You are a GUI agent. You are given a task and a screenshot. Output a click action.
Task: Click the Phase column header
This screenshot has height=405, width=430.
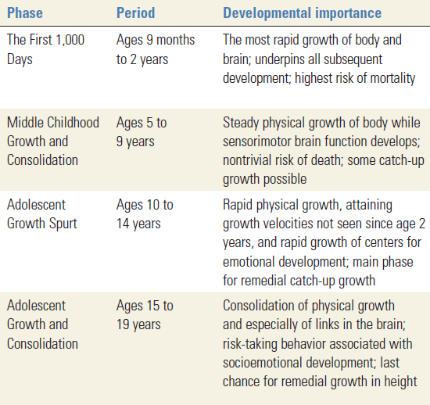coord(25,13)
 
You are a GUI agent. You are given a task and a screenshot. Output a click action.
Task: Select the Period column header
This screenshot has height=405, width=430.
coord(136,13)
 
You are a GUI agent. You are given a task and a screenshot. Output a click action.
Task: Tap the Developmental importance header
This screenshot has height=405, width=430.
coord(303,13)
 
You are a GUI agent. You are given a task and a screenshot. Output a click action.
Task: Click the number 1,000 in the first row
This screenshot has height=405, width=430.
coord(70,40)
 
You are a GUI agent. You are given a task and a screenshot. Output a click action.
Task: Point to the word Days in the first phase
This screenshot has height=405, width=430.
coord(20,59)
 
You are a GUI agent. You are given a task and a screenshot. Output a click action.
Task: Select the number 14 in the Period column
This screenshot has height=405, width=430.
coord(123,224)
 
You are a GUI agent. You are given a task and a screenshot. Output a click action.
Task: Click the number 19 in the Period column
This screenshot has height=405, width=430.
coord(123,324)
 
